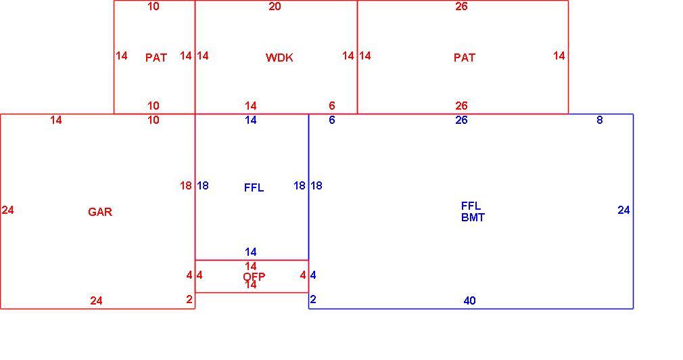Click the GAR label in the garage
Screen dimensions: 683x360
(x=100, y=212)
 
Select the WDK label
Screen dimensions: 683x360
(x=279, y=58)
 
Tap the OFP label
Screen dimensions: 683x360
(x=254, y=277)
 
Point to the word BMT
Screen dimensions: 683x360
(x=473, y=217)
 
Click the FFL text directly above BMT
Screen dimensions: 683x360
(x=471, y=206)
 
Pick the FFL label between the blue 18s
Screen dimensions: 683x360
(x=254, y=187)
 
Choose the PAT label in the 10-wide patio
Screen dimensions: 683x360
(x=156, y=58)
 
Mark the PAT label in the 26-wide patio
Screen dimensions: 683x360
(x=465, y=58)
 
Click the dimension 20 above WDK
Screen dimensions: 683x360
(x=275, y=6)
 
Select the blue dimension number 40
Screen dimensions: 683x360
(x=469, y=300)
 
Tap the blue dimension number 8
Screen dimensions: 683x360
(x=600, y=120)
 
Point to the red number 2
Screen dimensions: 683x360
(x=189, y=299)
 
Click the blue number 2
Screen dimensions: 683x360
(x=313, y=299)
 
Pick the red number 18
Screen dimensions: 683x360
(x=186, y=185)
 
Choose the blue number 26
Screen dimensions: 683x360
(x=461, y=120)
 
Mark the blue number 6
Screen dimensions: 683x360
(x=332, y=120)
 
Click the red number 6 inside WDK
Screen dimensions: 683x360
(x=332, y=106)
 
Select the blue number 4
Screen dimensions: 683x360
(x=313, y=275)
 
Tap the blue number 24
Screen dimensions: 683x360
(x=623, y=210)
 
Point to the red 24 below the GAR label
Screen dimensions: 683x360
(x=96, y=300)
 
